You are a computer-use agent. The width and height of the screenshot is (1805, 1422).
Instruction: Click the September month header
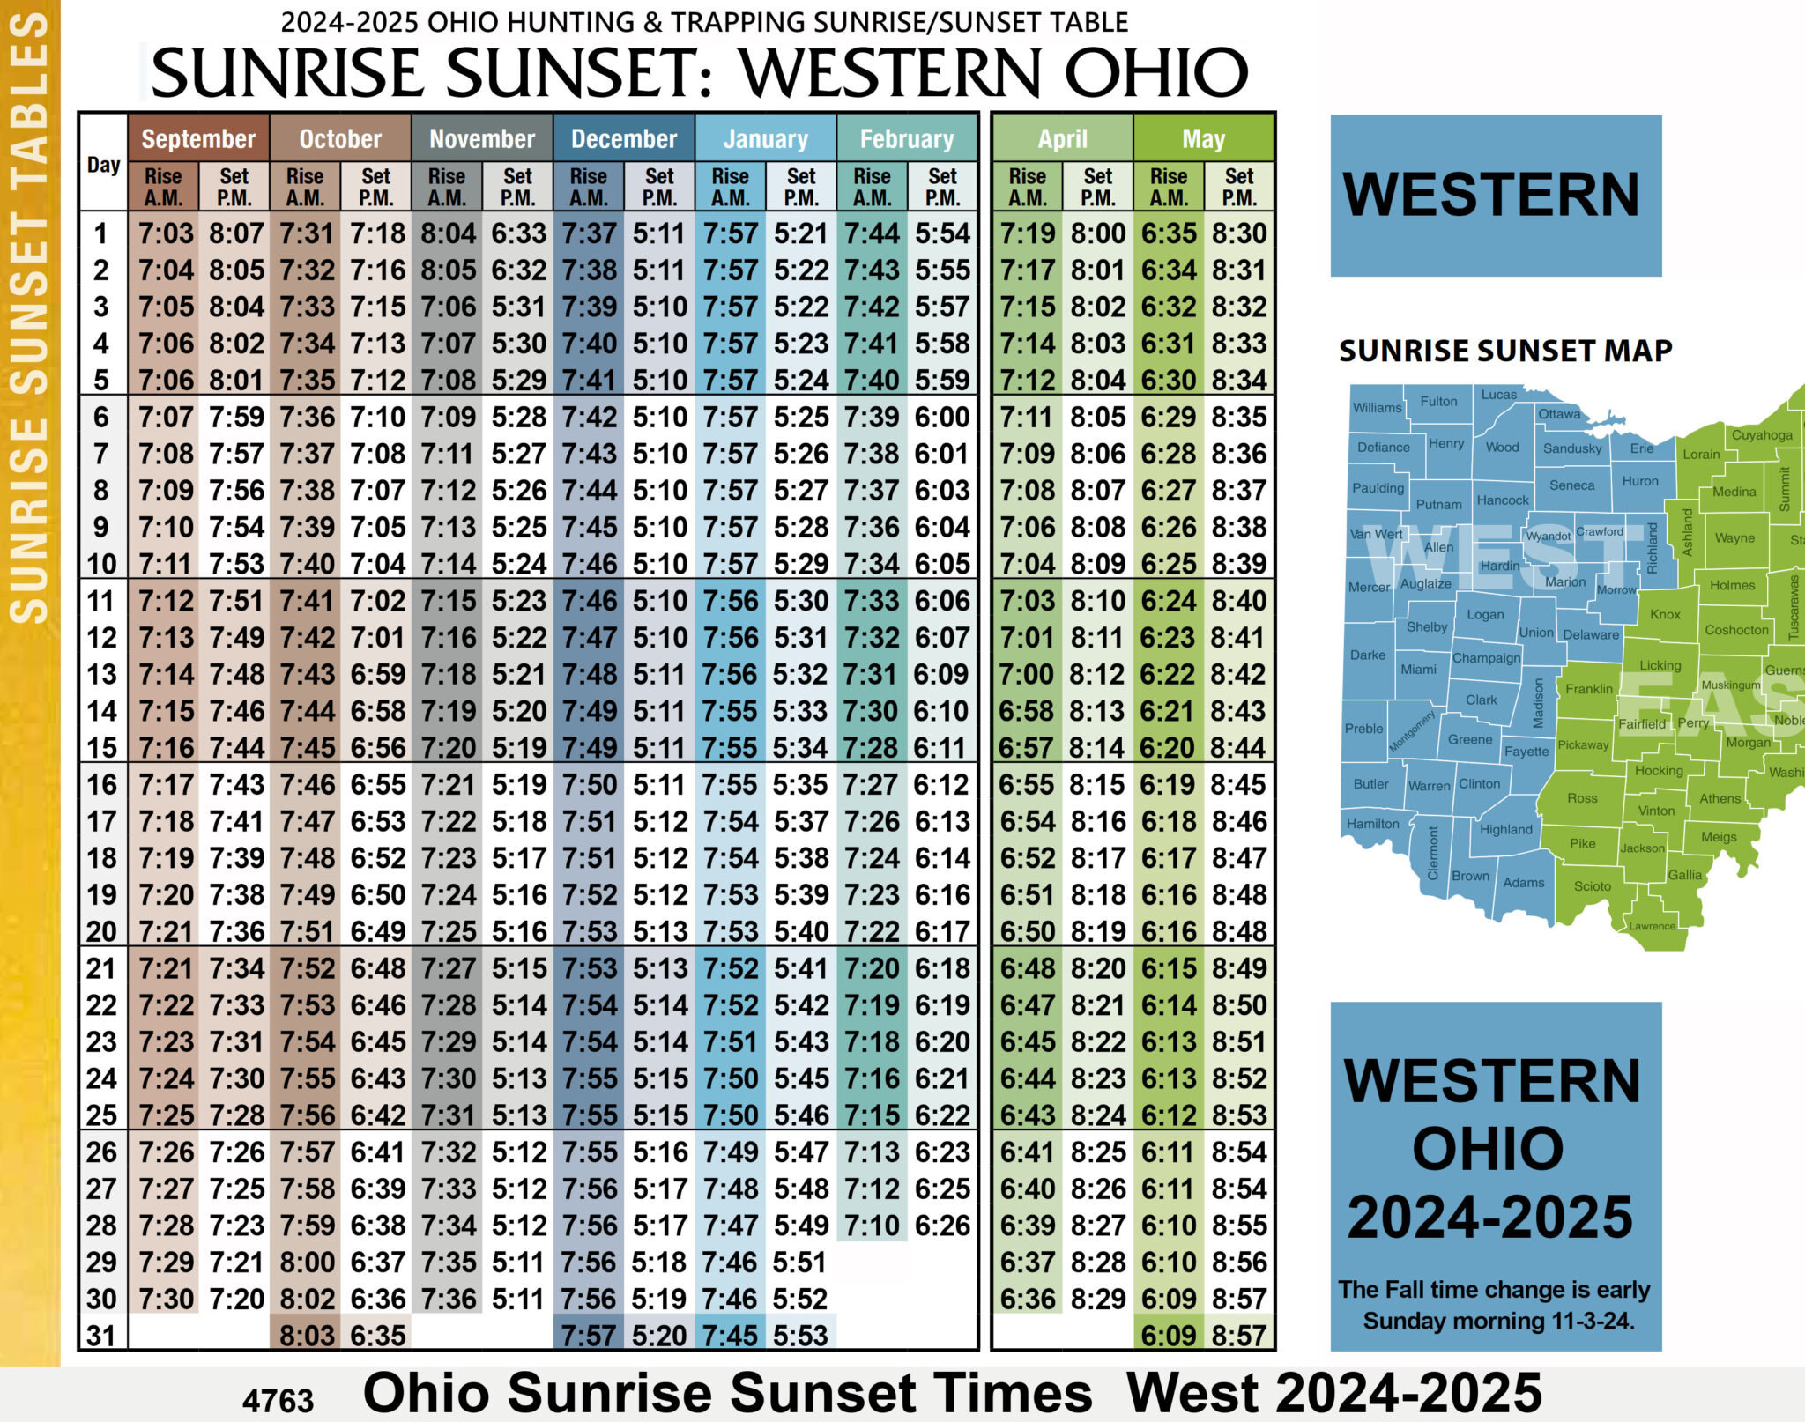click(198, 138)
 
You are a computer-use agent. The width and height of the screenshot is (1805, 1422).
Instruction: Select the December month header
click(623, 138)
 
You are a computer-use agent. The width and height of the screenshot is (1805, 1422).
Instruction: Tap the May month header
click(1203, 138)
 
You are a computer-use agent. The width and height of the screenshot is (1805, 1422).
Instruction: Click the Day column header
click(103, 165)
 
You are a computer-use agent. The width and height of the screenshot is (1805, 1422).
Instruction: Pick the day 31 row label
click(101, 1335)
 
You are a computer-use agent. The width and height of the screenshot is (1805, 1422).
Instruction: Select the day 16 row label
click(101, 784)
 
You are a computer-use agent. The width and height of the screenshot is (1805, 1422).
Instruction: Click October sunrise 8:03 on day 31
click(307, 1335)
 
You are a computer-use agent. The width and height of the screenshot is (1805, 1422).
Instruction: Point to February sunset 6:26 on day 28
click(942, 1225)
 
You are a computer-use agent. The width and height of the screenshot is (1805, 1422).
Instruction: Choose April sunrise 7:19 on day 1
click(1028, 233)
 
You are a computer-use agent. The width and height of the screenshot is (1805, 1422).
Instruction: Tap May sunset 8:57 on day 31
click(1238, 1335)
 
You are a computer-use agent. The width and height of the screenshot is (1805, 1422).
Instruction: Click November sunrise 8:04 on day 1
click(448, 233)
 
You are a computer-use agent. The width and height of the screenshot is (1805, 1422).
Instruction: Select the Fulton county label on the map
click(1438, 402)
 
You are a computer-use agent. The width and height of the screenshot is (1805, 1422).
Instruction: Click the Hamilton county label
click(1372, 824)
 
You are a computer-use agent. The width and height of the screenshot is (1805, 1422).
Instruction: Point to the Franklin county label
click(1589, 689)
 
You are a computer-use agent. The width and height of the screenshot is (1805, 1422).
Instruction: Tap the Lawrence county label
click(1652, 926)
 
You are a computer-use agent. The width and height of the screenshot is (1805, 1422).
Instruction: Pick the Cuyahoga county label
click(1762, 435)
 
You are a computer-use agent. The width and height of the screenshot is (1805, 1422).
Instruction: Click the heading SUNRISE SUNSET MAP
click(1505, 351)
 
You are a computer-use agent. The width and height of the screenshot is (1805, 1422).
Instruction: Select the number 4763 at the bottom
click(278, 1400)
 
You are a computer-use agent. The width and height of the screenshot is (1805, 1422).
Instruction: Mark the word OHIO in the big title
click(1155, 72)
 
